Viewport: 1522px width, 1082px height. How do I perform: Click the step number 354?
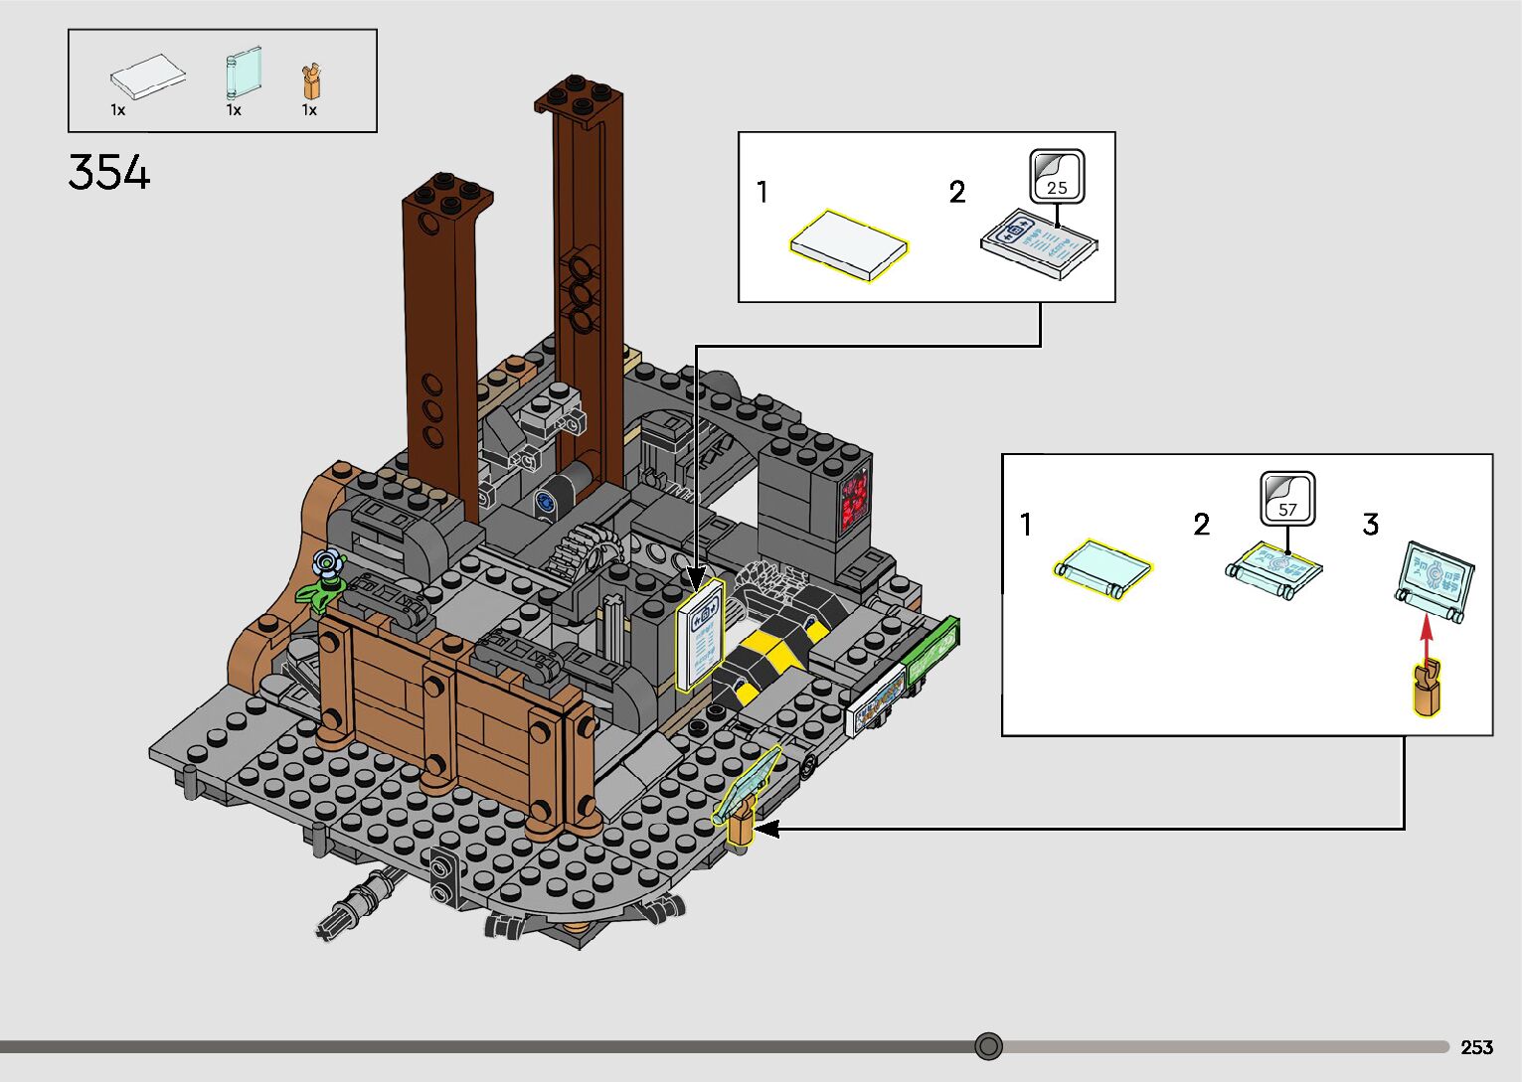pyautogui.click(x=108, y=172)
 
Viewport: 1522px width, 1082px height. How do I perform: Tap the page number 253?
pyautogui.click(x=1476, y=1046)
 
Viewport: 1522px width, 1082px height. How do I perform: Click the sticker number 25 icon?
pyautogui.click(x=1057, y=177)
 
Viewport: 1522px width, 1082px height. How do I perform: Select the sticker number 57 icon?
pyautogui.click(x=1287, y=499)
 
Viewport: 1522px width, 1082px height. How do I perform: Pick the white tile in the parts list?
pyautogui.click(x=148, y=77)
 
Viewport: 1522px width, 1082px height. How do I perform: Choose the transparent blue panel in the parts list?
pyautogui.click(x=244, y=74)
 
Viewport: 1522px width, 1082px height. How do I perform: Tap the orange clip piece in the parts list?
pyautogui.click(x=312, y=82)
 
